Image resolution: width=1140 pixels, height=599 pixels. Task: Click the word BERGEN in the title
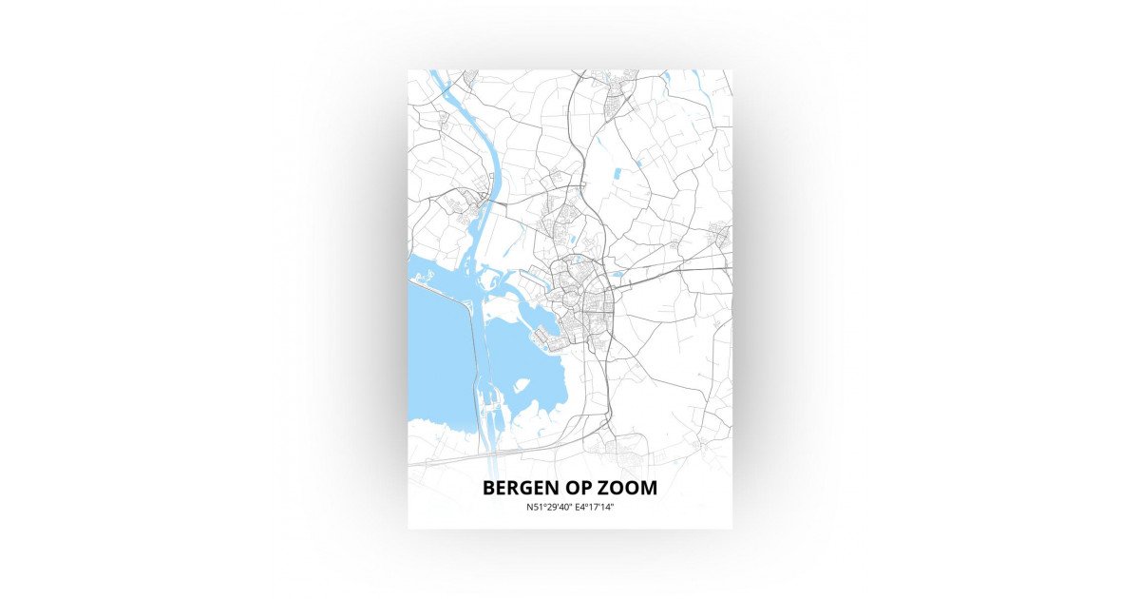(x=523, y=488)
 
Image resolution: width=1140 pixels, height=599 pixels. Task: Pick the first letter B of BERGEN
(x=488, y=488)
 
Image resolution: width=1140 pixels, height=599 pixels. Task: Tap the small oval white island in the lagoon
(x=521, y=386)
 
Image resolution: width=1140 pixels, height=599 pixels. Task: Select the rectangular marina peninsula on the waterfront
(x=544, y=334)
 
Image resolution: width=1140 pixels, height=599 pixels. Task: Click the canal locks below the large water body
(x=493, y=412)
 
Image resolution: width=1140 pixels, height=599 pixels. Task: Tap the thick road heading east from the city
(x=674, y=270)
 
